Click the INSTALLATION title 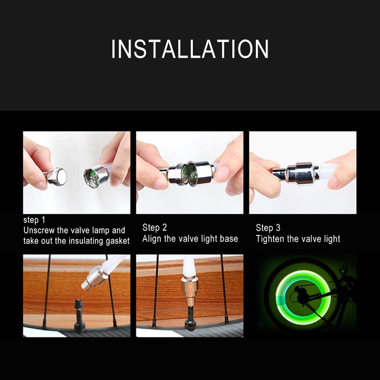190,49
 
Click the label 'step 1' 34,220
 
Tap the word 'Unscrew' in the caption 39,230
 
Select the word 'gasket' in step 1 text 117,241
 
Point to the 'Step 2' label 155,228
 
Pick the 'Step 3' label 268,228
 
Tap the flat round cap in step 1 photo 57,177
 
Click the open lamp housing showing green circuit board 96,176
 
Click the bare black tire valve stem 79,316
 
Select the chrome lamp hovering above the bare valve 94,278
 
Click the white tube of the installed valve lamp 189,266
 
